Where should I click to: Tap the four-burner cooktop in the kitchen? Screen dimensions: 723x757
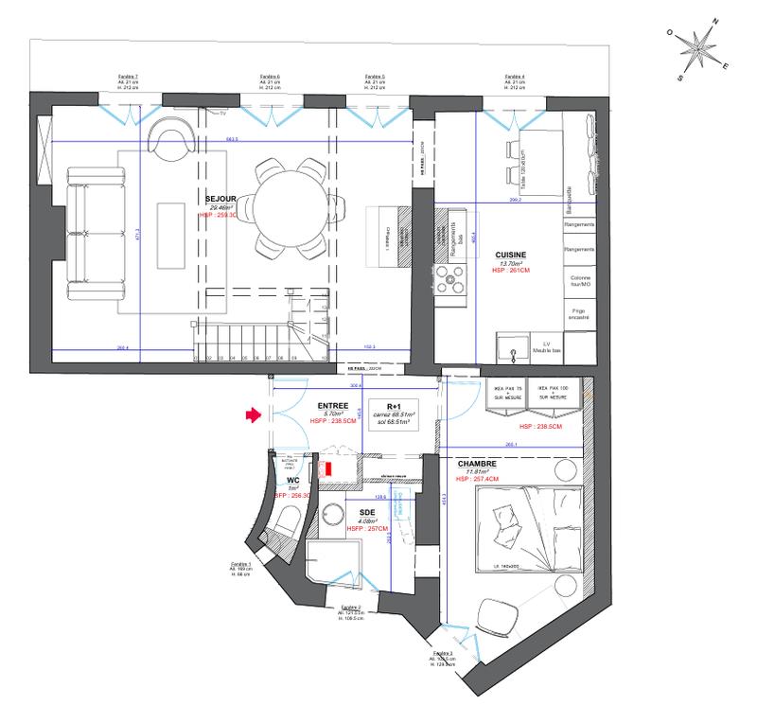(451, 277)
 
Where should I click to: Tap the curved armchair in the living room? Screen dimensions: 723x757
(171, 141)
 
